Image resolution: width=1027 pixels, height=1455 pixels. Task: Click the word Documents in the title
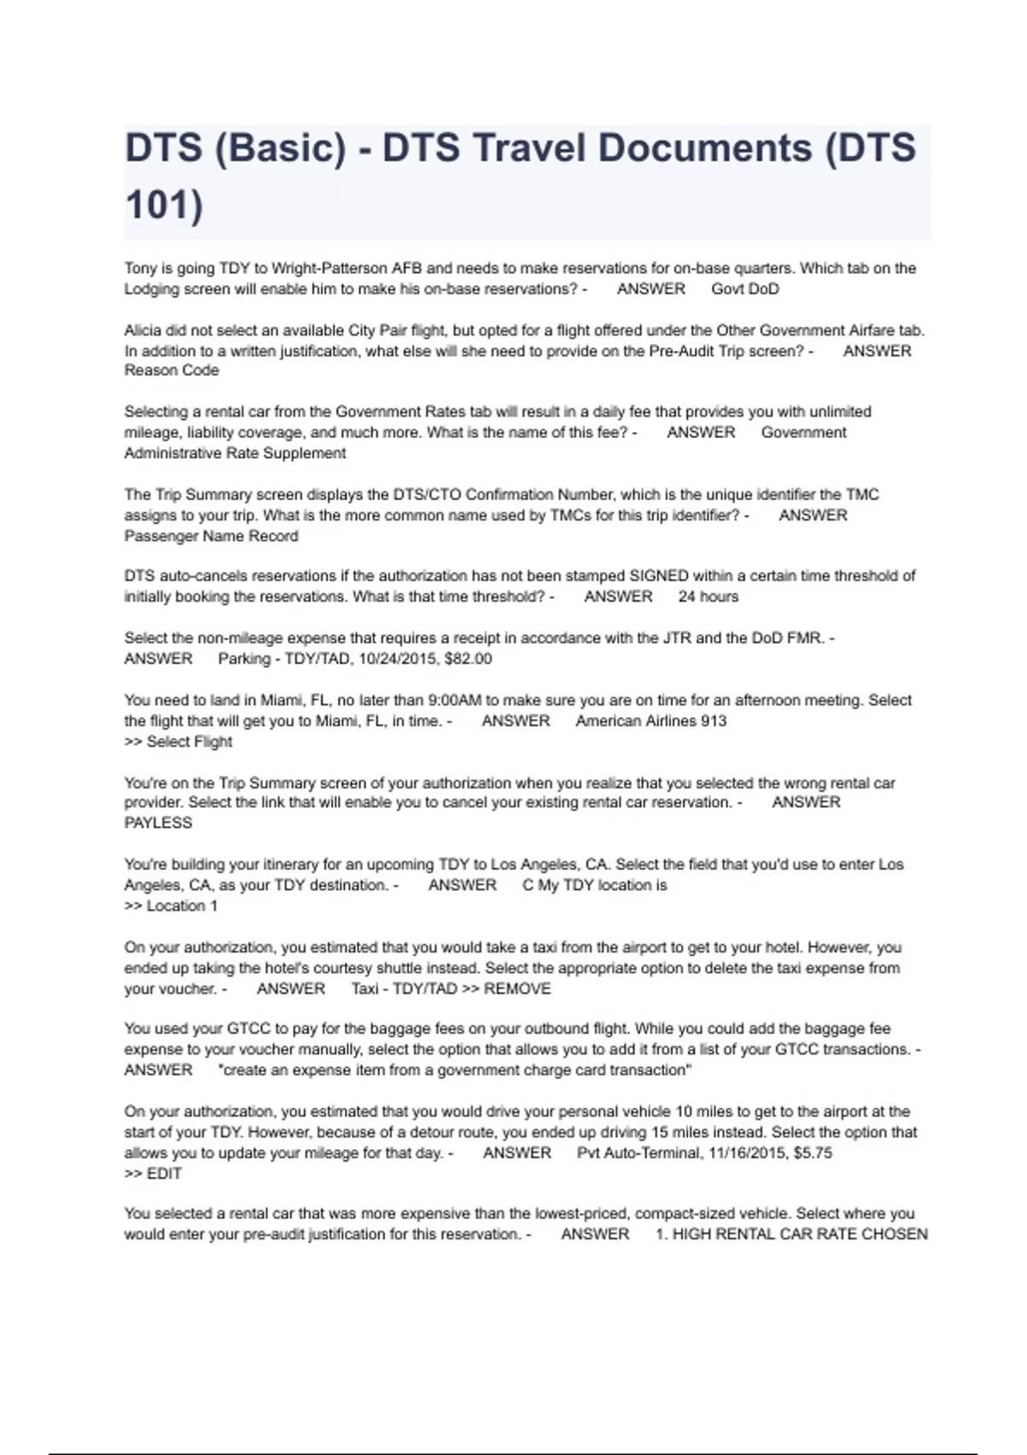pos(704,147)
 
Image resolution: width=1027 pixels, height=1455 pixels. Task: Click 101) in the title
pos(164,205)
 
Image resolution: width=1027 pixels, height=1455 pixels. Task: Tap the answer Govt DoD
pos(745,289)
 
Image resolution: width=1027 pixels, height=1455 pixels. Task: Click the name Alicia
pos(143,330)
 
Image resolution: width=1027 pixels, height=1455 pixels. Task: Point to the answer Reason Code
pos(171,371)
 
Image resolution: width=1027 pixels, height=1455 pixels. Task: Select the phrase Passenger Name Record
pos(211,537)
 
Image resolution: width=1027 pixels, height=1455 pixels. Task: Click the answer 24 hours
pos(708,597)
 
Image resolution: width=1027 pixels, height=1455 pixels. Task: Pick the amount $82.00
pos(468,659)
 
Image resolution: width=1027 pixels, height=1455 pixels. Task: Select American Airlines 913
pos(650,721)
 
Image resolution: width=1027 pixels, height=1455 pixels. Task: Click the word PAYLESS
pos(158,823)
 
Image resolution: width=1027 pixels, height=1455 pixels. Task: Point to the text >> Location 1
pos(171,906)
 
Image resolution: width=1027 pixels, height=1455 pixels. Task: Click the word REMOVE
pos(517,989)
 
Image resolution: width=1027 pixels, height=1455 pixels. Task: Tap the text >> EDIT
pos(153,1173)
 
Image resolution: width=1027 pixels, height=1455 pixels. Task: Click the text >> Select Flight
pos(178,741)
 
